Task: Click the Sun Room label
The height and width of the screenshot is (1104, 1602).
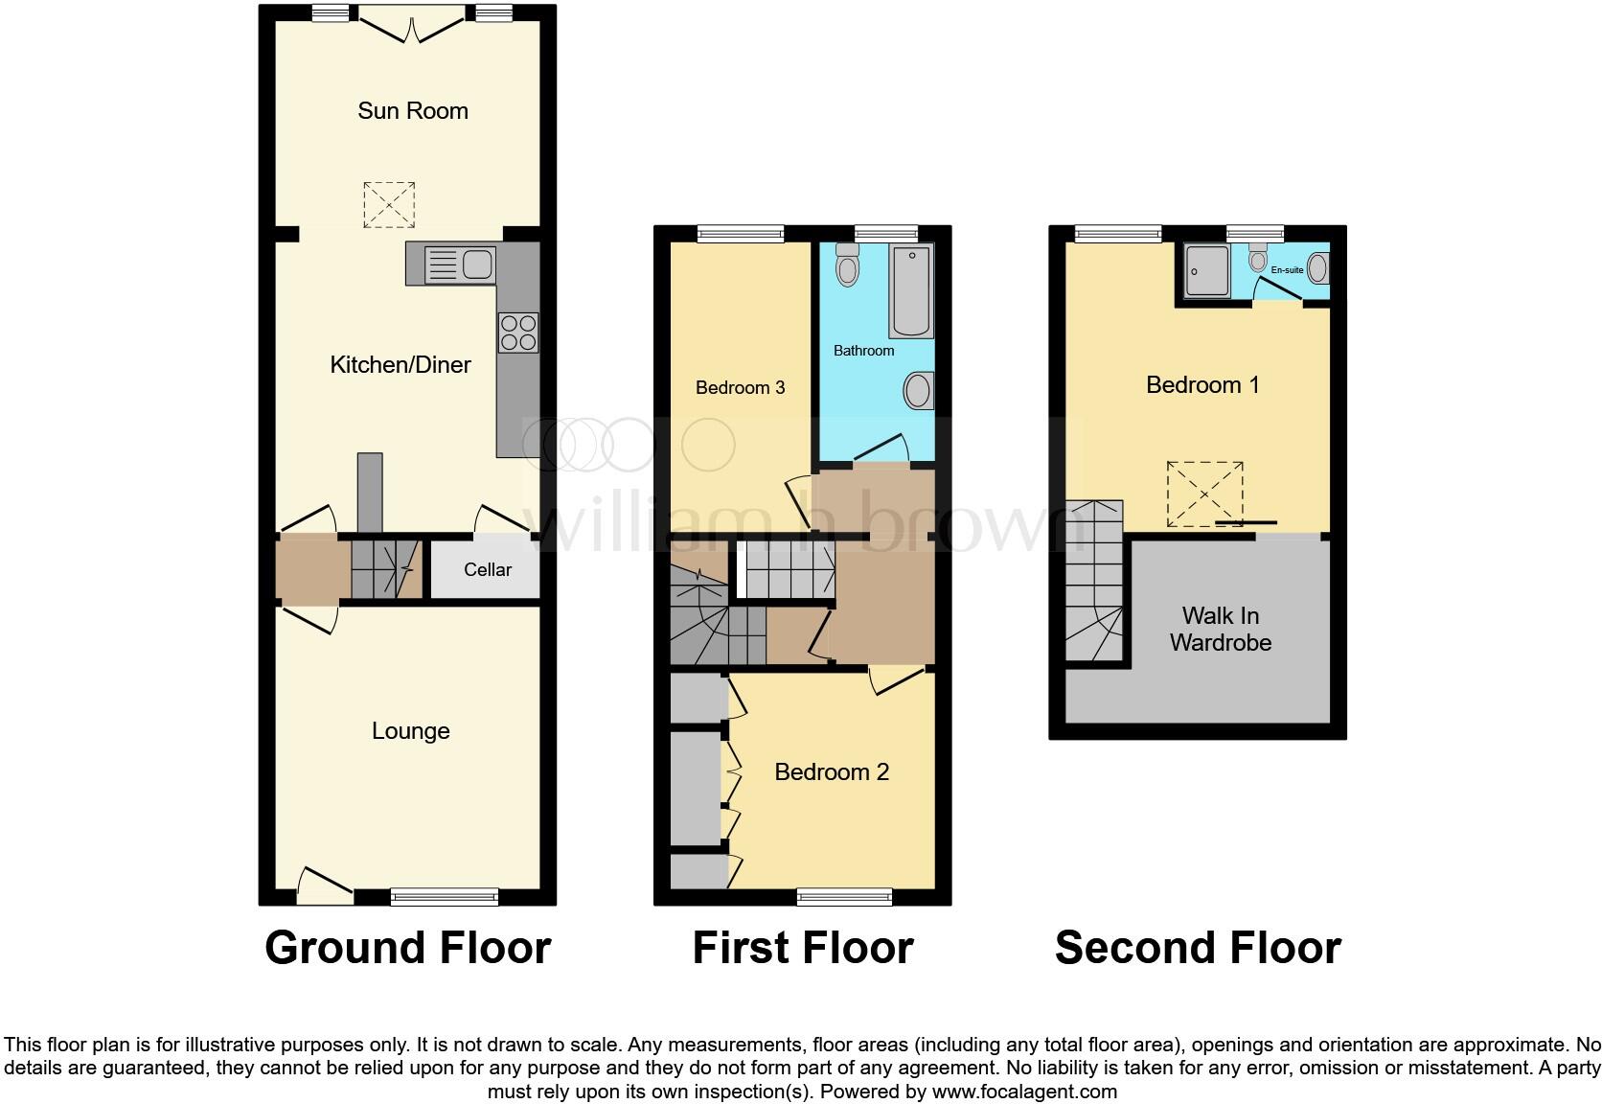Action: coord(413,111)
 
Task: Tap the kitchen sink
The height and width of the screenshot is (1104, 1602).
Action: coord(459,264)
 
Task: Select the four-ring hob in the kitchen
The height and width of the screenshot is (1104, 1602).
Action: coord(518,333)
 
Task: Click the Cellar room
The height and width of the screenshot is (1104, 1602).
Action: coord(487,570)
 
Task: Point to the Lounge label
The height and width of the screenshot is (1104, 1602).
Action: coord(410,731)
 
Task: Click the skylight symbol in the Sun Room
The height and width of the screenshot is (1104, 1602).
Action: coord(389,204)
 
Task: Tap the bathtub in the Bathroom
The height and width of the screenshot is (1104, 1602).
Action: coord(910,290)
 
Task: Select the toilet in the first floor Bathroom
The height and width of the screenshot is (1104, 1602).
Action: coord(846,265)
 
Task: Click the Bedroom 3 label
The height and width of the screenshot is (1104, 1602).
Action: coord(740,388)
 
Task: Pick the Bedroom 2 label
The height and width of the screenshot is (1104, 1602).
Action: coord(832,772)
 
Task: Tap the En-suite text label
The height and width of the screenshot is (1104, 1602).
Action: coord(1287,270)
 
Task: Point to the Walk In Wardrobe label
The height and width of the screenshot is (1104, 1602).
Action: coord(1220,630)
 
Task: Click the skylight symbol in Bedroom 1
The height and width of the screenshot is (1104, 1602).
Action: coord(1204,494)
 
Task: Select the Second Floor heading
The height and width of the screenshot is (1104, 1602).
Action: coord(1198,948)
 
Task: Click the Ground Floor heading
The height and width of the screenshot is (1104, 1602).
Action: coord(407,948)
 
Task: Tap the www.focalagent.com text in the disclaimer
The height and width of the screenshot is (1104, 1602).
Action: coord(1023,1091)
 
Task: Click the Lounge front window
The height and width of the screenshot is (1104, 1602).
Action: coord(445,897)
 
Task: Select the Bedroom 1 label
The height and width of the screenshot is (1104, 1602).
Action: coord(1201,385)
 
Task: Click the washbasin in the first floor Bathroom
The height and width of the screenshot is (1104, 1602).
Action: coord(917,391)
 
